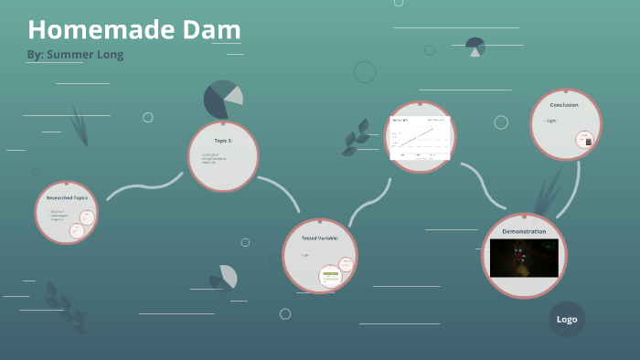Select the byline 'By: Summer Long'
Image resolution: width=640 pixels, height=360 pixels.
(x=75, y=55)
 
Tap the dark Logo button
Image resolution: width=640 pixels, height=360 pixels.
(x=567, y=319)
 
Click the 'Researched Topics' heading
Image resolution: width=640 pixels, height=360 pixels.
(x=66, y=197)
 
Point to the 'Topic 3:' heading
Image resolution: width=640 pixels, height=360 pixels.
(x=223, y=141)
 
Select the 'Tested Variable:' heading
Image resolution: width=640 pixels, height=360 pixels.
(x=320, y=238)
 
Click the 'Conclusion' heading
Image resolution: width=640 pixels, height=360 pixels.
(x=563, y=104)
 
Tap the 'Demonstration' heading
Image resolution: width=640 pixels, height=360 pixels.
(x=524, y=231)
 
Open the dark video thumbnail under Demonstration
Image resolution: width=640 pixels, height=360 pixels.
(x=524, y=258)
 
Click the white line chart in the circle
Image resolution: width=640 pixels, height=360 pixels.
(x=420, y=137)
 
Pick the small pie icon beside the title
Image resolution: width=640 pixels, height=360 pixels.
(x=475, y=47)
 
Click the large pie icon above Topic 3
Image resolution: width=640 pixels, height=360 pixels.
(x=222, y=100)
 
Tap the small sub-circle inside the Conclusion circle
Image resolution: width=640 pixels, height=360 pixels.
(x=585, y=140)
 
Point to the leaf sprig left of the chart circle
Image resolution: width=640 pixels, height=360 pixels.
(x=355, y=142)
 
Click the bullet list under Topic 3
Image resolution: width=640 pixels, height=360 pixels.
(x=214, y=159)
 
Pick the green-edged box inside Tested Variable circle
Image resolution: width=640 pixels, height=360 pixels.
(x=347, y=265)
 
